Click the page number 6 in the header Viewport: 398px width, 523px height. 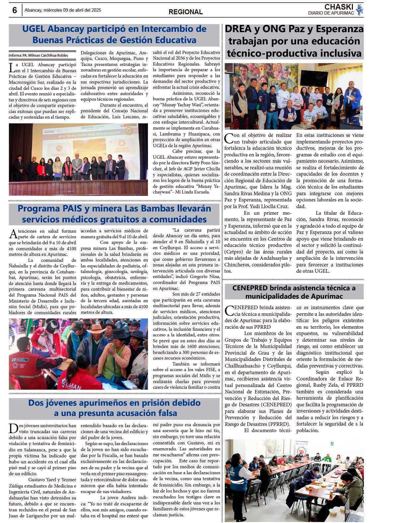pyautogui.click(x=15, y=10)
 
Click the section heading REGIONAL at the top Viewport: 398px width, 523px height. pyautogui.click(x=185, y=12)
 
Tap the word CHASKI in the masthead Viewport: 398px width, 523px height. pyautogui.click(x=339, y=7)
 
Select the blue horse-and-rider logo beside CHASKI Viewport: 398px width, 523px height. pyautogui.click(x=359, y=10)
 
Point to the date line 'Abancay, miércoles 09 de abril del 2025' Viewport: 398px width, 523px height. pyautogui.click(x=63, y=10)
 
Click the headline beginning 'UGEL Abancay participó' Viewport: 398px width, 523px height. pyautogui.click(x=114, y=34)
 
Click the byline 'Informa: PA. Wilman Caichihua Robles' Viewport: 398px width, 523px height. pyautogui.click(x=38, y=55)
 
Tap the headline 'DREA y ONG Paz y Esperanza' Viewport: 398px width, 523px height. pyautogui.click(x=294, y=41)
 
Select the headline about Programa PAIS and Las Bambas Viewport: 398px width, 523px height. pyautogui.click(x=114, y=214)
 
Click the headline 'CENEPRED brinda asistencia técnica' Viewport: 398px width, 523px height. pyautogui.click(x=294, y=292)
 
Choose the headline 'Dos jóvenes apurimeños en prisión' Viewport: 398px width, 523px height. pyautogui.click(x=114, y=408)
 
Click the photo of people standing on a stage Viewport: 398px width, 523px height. pyautogui.click(x=78, y=159)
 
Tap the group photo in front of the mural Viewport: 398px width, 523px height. pyautogui.click(x=294, y=96)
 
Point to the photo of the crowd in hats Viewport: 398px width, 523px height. pyautogui.click(x=78, y=354)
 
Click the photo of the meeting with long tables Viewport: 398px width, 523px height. pyautogui.click(x=294, y=481)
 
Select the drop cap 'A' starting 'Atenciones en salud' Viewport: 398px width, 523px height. pyautogui.click(x=13, y=234)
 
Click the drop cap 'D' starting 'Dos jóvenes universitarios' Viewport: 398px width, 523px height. pyautogui.click(x=13, y=428)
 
